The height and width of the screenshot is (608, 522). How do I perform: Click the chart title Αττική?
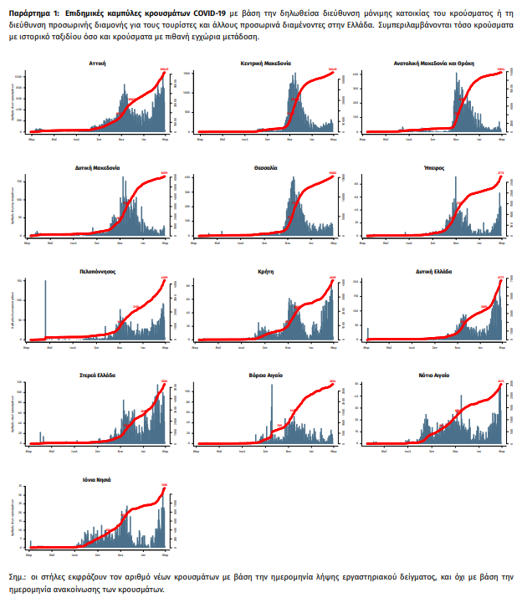click(98, 63)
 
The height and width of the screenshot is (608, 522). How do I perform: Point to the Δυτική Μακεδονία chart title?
click(98, 167)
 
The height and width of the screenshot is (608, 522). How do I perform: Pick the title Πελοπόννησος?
click(98, 272)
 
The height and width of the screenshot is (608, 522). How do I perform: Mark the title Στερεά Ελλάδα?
click(98, 376)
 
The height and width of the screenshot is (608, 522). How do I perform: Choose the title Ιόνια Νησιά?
click(98, 480)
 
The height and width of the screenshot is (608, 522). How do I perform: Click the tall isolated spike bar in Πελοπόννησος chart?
click(45, 309)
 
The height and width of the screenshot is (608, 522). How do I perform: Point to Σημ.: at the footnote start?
click(18, 577)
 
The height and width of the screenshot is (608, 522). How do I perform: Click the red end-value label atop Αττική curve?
click(164, 69)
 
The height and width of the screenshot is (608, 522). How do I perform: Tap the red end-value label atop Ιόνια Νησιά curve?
click(164, 485)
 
